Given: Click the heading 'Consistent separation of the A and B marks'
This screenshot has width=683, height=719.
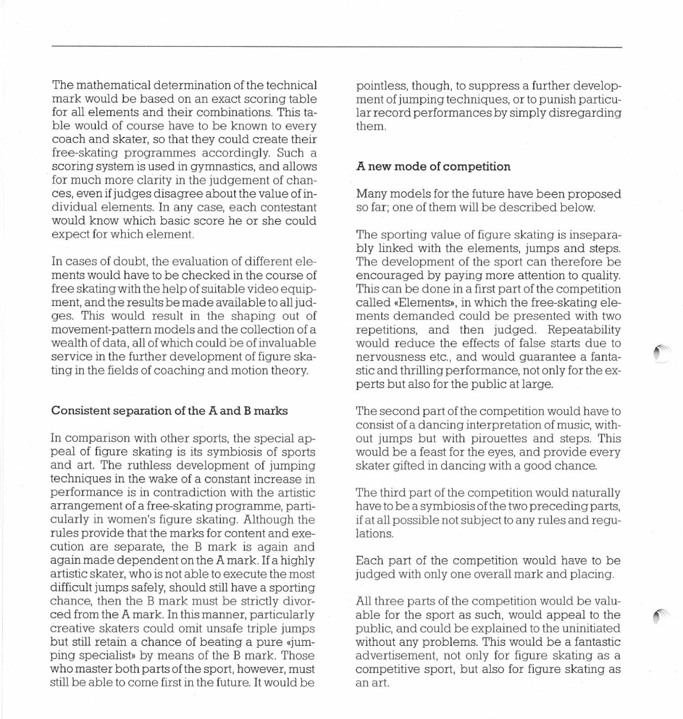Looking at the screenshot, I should click(x=169, y=411).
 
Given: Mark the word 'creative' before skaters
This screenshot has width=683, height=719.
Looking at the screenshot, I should click(x=72, y=628).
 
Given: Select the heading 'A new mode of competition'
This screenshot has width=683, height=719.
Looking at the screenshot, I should click(x=433, y=167).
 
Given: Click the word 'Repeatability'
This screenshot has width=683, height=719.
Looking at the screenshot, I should click(x=584, y=329).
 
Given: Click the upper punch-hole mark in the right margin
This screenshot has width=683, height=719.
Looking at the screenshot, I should click(x=663, y=353).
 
